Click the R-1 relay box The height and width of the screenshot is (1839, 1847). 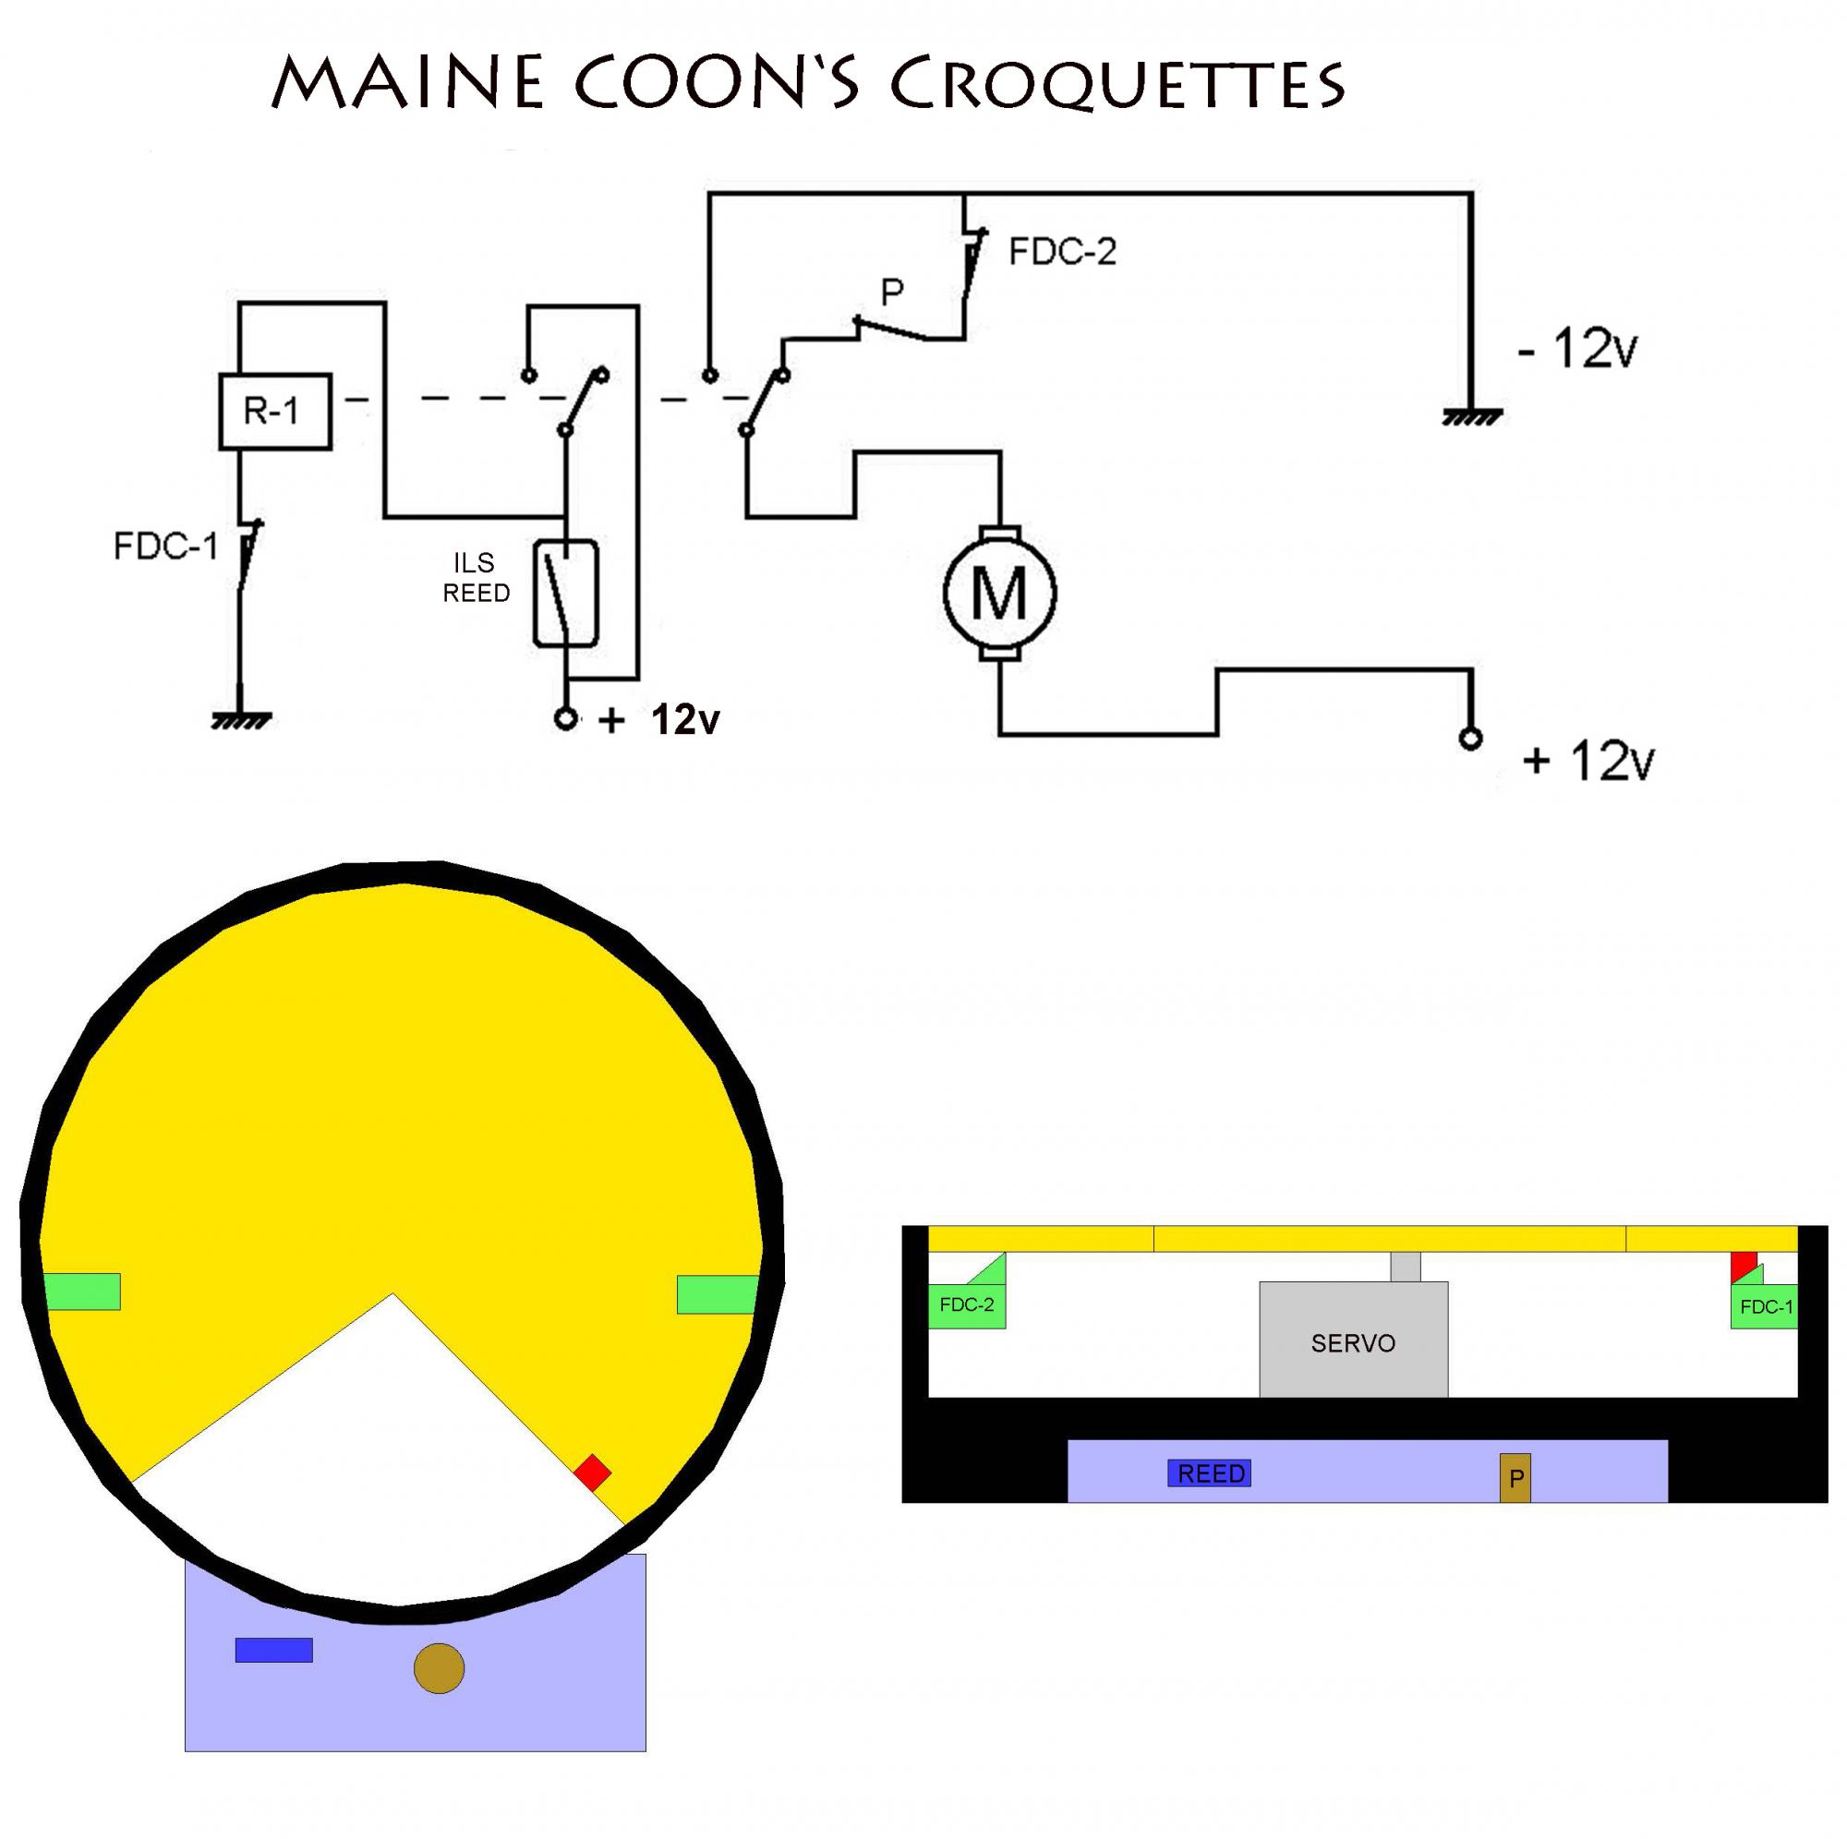[274, 411]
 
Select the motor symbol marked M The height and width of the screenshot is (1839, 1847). [999, 593]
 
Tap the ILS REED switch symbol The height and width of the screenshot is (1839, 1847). [565, 594]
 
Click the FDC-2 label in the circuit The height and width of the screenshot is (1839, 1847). [1062, 252]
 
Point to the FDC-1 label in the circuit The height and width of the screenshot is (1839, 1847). [165, 547]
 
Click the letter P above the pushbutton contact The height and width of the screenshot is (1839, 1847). [892, 293]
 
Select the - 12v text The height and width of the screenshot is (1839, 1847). [1578, 349]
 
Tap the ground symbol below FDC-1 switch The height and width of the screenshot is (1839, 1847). [240, 719]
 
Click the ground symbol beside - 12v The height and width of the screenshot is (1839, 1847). [1471, 416]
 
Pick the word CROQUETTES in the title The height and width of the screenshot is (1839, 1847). [1117, 84]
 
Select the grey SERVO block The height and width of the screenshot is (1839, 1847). [1353, 1342]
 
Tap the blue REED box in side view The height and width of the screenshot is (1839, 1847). [1210, 1473]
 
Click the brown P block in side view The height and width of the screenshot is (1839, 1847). [1515, 1478]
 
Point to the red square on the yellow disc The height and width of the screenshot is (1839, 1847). [593, 1472]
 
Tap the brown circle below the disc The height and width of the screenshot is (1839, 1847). [439, 1669]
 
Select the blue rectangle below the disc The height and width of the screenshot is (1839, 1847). [273, 1650]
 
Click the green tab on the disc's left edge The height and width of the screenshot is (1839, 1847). [83, 1292]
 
